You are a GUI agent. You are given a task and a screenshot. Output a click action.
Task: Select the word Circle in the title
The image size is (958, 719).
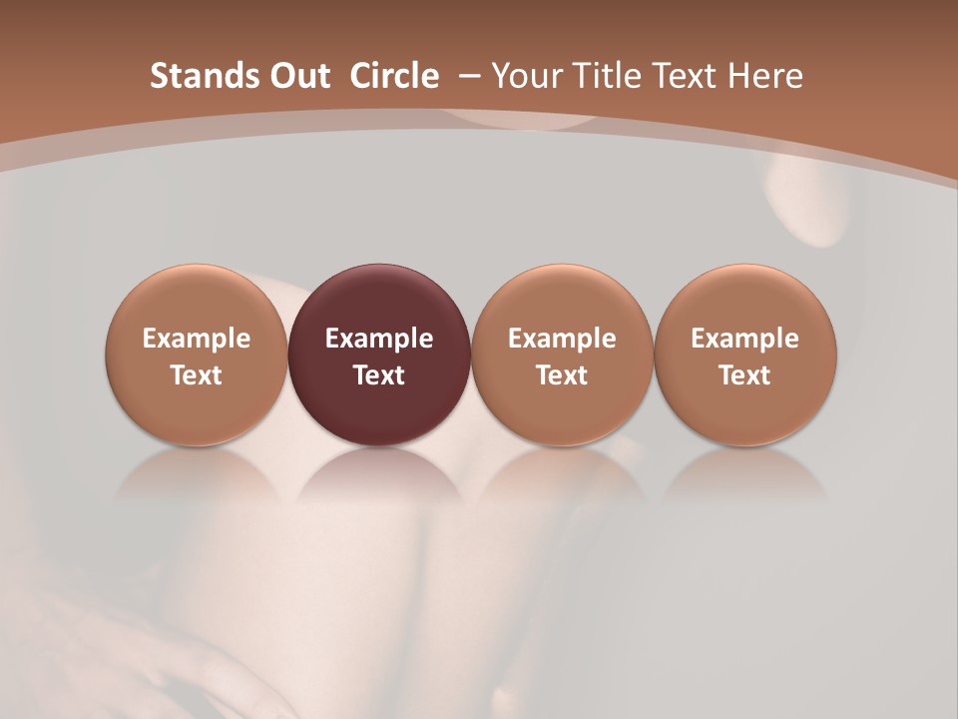tap(394, 76)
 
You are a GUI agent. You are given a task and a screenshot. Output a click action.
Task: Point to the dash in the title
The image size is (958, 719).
tap(466, 76)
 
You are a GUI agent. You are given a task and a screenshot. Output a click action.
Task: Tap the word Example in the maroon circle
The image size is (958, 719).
tap(379, 339)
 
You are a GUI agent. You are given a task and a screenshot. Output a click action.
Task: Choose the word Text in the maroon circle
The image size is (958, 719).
tap(379, 375)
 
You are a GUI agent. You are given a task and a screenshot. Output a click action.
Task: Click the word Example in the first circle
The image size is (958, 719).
tap(197, 339)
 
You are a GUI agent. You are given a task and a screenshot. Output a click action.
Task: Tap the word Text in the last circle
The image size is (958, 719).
tap(745, 375)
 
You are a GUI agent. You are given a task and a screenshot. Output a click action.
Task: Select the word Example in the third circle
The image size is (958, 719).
tap(562, 339)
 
